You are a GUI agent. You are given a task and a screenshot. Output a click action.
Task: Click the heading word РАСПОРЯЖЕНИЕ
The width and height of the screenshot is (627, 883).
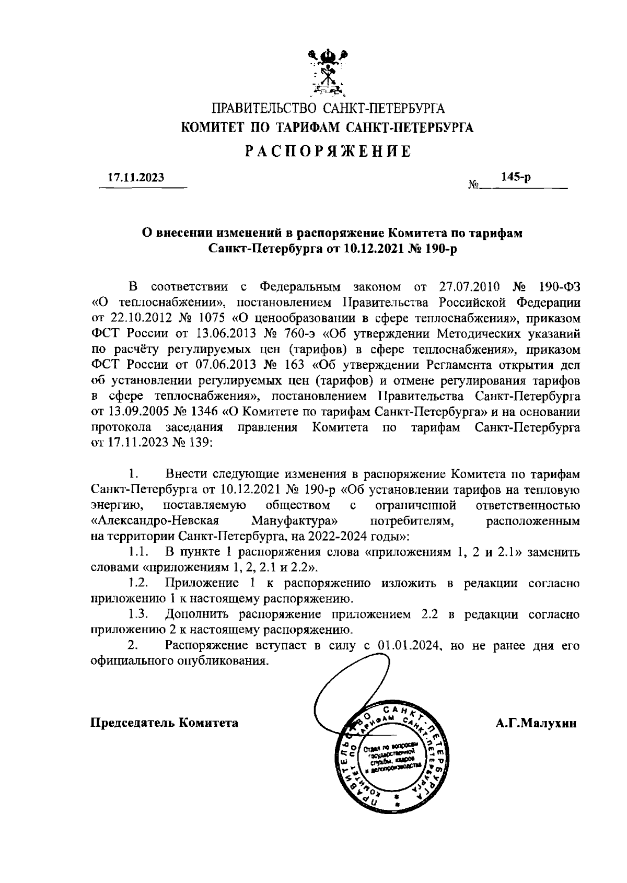click(x=328, y=152)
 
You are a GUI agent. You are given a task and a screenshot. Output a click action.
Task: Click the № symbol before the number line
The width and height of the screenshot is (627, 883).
click(x=473, y=185)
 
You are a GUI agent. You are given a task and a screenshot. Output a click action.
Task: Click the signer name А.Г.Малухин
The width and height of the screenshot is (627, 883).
click(x=536, y=723)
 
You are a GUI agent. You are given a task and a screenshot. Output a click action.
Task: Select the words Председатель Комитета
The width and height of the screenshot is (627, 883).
click(x=165, y=723)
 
